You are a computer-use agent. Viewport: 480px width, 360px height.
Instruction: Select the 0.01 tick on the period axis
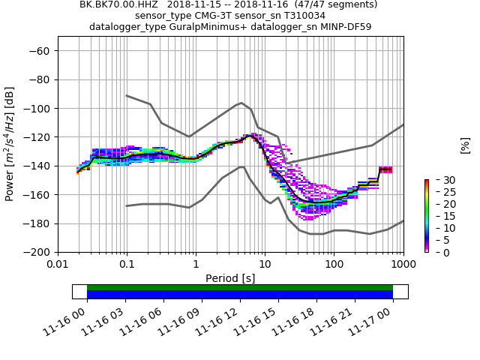pos(58,265)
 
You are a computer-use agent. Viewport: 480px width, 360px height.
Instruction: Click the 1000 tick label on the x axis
pos(403,265)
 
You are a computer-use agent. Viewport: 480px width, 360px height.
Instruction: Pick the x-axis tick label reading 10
pos(265,265)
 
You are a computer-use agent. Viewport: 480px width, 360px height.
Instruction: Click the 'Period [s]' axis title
pos(230,278)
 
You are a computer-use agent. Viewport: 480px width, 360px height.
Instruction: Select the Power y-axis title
pos(10,151)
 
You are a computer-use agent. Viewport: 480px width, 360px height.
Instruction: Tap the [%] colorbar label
pos(465,145)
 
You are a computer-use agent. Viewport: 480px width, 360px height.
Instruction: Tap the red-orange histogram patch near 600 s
pos(385,169)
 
